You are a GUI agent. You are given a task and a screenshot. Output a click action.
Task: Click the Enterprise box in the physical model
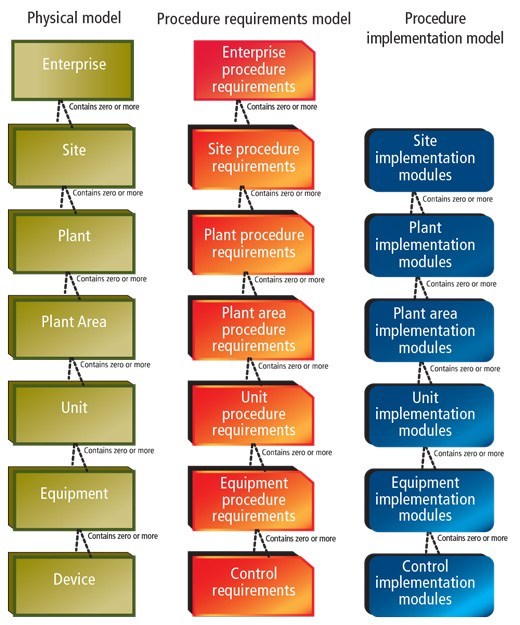(x=73, y=70)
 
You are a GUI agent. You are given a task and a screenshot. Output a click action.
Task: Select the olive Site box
(x=72, y=156)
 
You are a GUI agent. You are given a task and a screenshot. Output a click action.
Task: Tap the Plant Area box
(x=72, y=328)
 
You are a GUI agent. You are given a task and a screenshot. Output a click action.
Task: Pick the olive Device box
(x=72, y=584)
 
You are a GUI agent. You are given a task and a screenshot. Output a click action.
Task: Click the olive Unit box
(x=72, y=413)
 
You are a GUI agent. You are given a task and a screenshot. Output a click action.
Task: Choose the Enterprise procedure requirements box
(x=254, y=70)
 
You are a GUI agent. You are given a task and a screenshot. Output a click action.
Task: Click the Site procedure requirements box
(x=251, y=157)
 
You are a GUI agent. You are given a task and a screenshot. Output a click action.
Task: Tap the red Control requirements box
(x=251, y=584)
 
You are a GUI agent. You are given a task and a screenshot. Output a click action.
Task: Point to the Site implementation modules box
(x=429, y=159)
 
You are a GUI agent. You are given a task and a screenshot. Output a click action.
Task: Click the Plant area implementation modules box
(x=429, y=330)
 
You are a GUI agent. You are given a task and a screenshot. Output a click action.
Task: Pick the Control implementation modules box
(x=429, y=584)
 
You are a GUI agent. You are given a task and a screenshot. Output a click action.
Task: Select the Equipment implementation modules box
(x=429, y=500)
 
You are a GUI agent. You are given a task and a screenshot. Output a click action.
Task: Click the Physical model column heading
(x=74, y=18)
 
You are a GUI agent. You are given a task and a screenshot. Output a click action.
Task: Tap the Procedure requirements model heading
(x=254, y=19)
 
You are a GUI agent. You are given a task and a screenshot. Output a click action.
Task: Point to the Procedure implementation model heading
(x=435, y=28)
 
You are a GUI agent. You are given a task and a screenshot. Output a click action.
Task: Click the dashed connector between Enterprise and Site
(x=65, y=113)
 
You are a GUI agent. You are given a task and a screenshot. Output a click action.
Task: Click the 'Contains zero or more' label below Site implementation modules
(x=457, y=199)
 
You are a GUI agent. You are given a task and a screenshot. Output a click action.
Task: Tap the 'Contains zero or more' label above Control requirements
(x=300, y=539)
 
